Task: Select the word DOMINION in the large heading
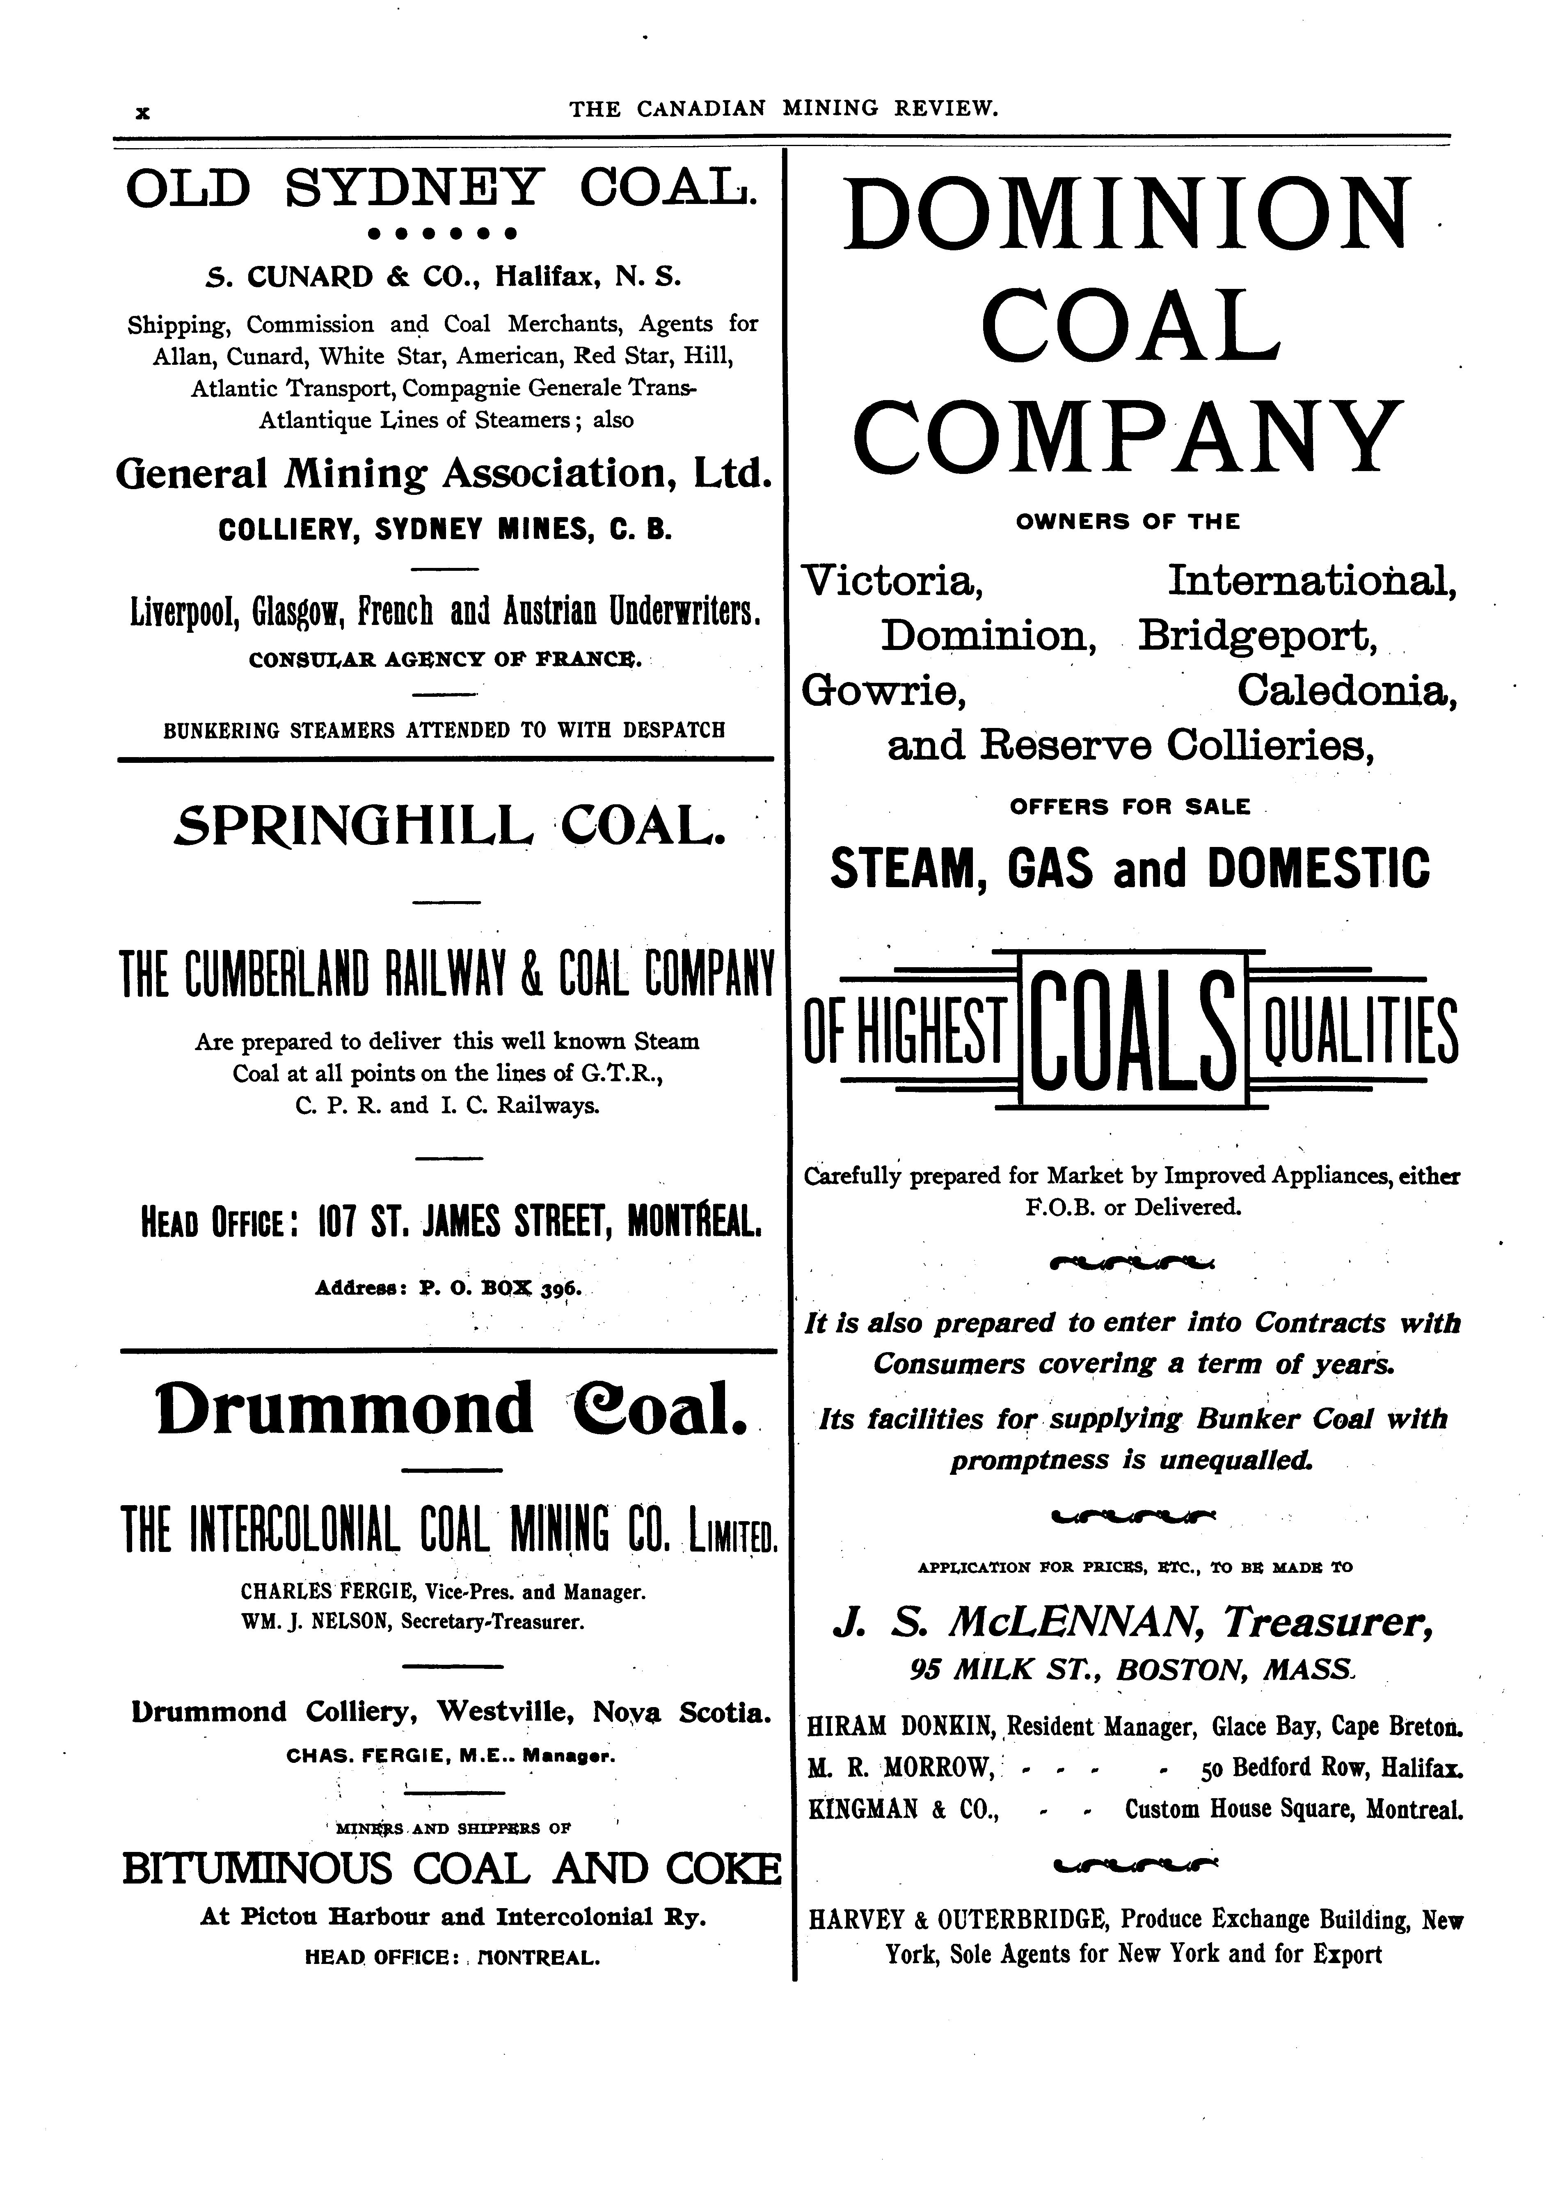tap(1129, 213)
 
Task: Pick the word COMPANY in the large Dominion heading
tap(1129, 437)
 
